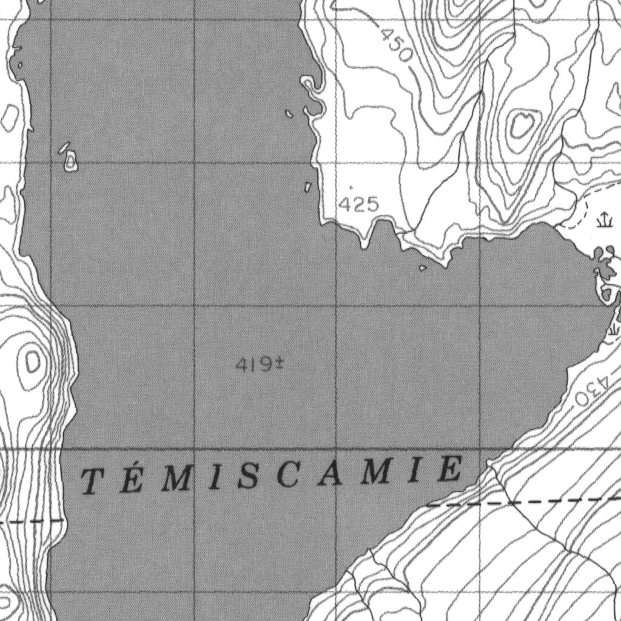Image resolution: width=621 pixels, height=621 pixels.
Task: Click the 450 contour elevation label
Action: click(397, 45)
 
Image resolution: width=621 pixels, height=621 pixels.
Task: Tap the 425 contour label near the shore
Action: click(358, 205)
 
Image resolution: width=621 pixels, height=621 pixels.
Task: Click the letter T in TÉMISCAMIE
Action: click(92, 482)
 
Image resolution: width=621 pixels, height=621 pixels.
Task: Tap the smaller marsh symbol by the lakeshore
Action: click(613, 328)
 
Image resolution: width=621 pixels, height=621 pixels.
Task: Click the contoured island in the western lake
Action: click(71, 161)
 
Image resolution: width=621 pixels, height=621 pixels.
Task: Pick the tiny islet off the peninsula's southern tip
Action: click(423, 267)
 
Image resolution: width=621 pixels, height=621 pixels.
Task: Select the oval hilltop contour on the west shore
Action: click(31, 363)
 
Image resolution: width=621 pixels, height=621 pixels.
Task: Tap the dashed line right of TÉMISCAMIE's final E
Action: click(522, 502)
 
